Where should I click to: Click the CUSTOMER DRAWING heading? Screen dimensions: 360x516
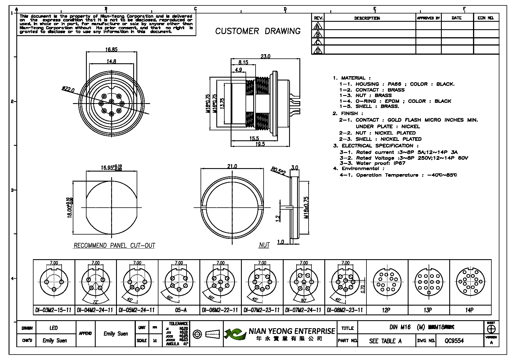click(x=258, y=31)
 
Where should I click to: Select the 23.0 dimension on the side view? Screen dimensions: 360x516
click(x=265, y=56)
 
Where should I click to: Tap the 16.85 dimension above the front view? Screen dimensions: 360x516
click(x=111, y=50)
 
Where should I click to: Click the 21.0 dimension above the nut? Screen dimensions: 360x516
click(x=232, y=166)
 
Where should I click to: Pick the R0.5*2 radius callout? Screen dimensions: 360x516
click(x=278, y=171)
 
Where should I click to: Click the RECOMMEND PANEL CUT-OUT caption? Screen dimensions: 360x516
click(x=114, y=245)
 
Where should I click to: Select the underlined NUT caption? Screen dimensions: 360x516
click(x=264, y=245)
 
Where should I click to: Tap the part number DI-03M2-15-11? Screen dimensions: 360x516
click(x=54, y=310)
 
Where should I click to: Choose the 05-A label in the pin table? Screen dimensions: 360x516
click(x=179, y=310)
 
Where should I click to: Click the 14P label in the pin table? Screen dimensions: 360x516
click(x=469, y=310)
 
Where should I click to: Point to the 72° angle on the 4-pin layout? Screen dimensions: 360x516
click(x=95, y=302)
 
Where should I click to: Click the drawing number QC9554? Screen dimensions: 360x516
click(x=454, y=341)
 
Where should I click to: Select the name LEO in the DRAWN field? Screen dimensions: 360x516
click(x=54, y=328)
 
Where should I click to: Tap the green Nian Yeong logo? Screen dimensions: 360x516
click(x=235, y=334)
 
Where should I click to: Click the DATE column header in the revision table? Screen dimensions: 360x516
click(x=456, y=18)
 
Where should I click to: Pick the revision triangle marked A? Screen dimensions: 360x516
click(x=317, y=26)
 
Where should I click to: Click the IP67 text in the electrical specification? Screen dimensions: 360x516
click(x=400, y=163)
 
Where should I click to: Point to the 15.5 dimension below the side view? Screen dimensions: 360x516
click(x=254, y=139)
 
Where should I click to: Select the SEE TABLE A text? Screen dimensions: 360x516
click(x=385, y=341)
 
